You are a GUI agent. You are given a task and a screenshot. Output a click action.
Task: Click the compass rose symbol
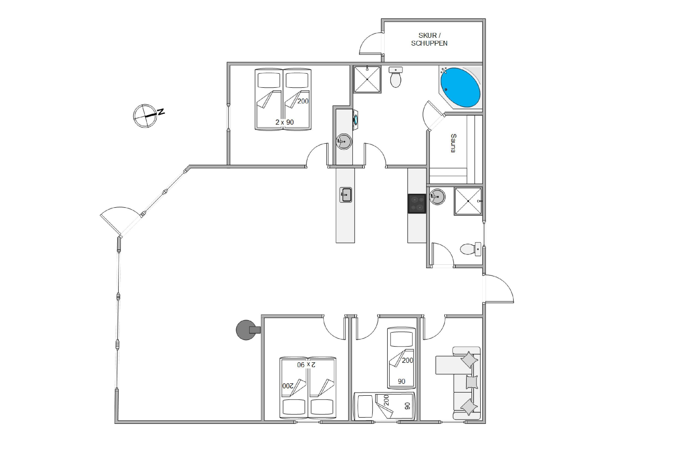[x=145, y=116]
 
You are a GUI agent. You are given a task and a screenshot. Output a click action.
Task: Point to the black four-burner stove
[x=417, y=204]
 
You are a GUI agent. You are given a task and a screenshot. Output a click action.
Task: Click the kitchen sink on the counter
[x=345, y=195]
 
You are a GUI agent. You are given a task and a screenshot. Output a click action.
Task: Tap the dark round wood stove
[x=248, y=330]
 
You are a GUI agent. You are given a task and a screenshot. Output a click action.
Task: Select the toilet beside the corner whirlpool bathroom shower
[x=396, y=77]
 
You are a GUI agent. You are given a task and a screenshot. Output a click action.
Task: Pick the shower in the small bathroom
[x=468, y=201]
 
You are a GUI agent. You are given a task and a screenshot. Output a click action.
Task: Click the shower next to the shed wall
[x=367, y=79]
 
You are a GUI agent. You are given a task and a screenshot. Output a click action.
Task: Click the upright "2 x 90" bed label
[x=284, y=122]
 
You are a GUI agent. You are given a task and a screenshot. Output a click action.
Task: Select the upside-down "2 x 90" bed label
[x=306, y=365]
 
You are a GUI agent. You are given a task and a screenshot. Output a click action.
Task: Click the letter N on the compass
[x=161, y=111]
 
